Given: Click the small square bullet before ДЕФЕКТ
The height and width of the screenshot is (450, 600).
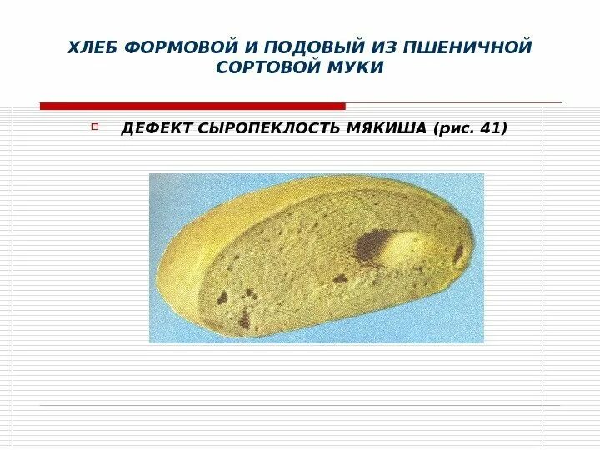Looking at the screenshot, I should (x=94, y=127).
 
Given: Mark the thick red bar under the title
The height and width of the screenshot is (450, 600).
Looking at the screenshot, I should (x=192, y=106).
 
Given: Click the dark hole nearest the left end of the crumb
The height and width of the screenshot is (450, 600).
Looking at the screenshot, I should (x=222, y=296).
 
